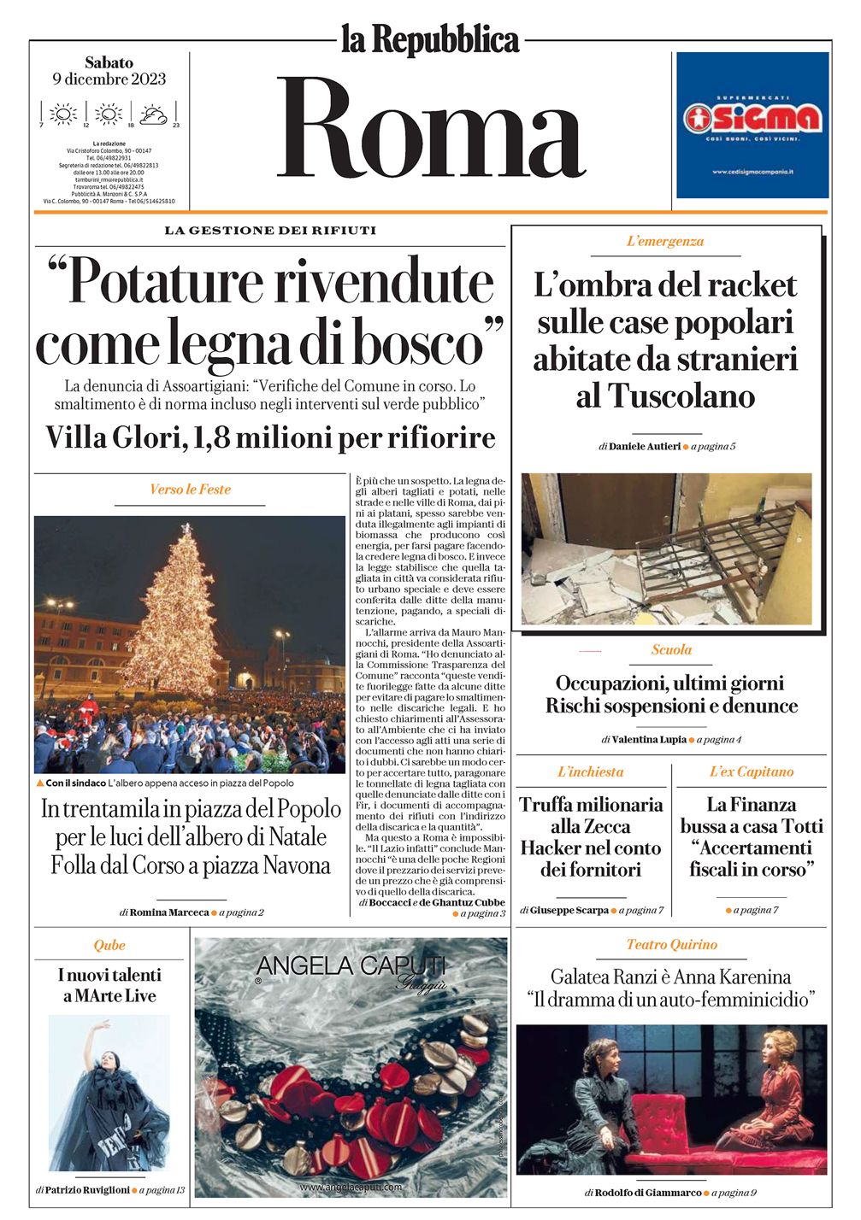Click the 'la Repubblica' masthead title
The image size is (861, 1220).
coord(430,39)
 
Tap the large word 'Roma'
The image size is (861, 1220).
coord(430,128)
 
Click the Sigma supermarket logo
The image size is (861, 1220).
coord(752,119)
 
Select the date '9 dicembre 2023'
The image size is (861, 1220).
coord(109,79)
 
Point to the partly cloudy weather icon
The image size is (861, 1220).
coord(154,114)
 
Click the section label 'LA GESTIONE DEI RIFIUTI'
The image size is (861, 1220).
coord(270,231)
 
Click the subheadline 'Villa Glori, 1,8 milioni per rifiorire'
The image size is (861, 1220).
coord(270,437)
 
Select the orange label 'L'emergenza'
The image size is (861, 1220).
coord(665,242)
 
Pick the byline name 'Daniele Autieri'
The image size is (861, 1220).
coord(645,446)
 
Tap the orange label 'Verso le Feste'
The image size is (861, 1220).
coord(190,490)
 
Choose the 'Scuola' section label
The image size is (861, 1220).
coord(671,650)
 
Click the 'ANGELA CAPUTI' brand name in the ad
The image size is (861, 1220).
coord(351,965)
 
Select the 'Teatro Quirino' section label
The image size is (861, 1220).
coord(671,945)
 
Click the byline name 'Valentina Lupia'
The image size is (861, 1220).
coord(649,739)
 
